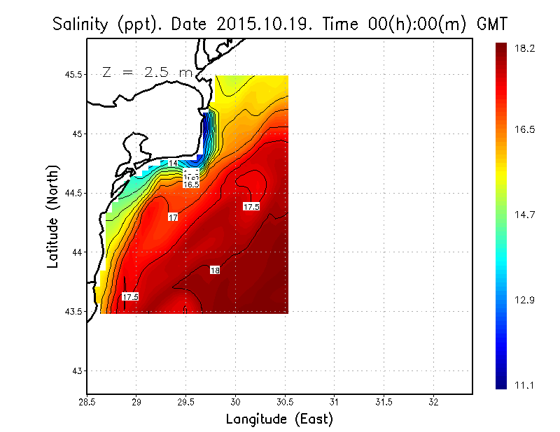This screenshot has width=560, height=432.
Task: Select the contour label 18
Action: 216,270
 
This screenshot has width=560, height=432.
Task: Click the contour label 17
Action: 173,217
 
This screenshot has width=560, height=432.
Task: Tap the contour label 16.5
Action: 191,185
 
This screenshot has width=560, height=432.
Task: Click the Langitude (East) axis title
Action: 279,419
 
